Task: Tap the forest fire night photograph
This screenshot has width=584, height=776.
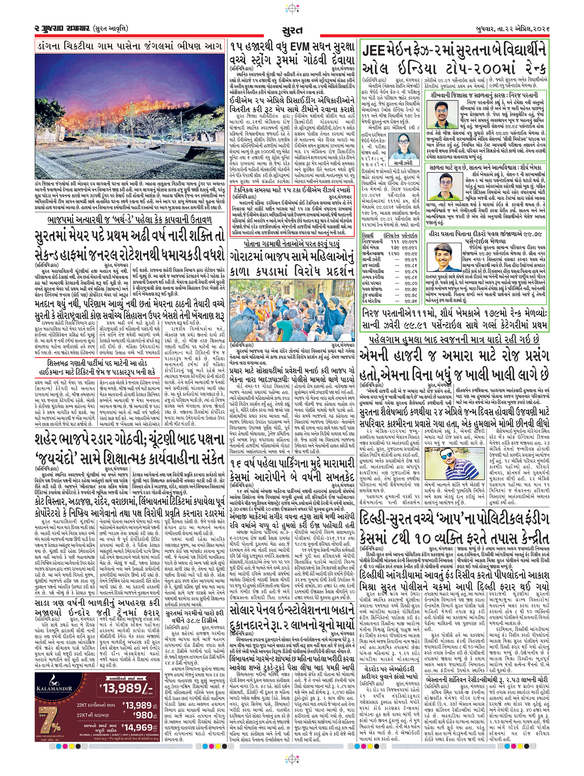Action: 130,116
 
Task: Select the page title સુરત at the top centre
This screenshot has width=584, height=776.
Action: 292,30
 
